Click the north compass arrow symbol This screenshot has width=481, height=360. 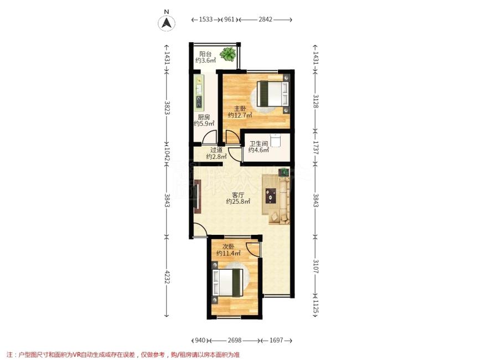[167, 23]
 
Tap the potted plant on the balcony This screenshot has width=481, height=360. [228, 54]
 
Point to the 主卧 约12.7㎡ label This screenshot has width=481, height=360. [240, 112]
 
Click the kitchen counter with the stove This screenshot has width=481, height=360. [199, 91]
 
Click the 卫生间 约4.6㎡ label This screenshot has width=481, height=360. [258, 147]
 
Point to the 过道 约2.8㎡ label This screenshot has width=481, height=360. [216, 153]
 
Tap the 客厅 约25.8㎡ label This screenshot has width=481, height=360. [238, 198]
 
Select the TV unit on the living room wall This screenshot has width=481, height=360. [197, 197]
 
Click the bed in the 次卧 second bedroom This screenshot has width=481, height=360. [227, 282]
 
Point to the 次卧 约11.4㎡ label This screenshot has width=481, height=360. [228, 250]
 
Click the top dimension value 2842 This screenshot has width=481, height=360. [265, 19]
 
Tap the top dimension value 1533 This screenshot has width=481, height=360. [205, 19]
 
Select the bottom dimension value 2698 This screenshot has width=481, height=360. [235, 341]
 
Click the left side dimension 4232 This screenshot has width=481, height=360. [167, 276]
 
